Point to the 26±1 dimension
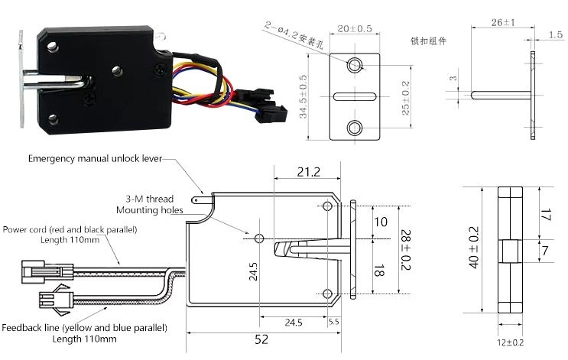click(x=504, y=23)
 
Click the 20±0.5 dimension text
click(x=355, y=28)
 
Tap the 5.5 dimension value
click(x=333, y=322)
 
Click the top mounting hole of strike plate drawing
click(x=355, y=66)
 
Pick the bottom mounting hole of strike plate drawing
click(x=355, y=125)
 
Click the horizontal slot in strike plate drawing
click(x=355, y=96)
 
